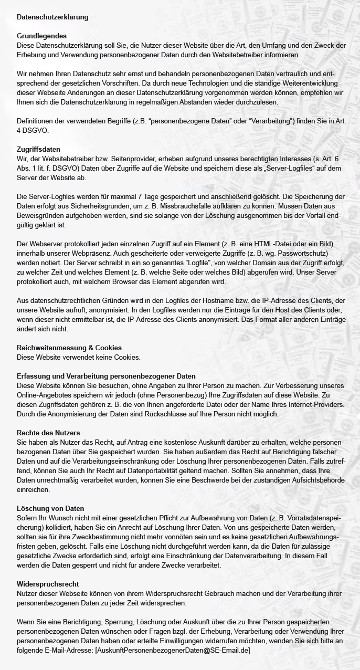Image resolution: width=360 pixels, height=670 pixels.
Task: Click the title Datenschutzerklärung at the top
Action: click(52, 17)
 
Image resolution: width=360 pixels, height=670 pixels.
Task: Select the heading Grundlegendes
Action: click(41, 36)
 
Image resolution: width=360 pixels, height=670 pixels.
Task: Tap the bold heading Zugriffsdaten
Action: click(38, 150)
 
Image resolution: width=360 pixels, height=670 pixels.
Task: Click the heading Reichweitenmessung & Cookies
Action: click(69, 348)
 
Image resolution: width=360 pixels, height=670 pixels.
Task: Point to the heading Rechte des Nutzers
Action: click(48, 433)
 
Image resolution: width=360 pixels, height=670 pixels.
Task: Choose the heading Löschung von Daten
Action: click(50, 508)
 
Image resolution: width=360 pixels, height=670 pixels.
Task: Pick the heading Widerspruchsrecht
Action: click(48, 584)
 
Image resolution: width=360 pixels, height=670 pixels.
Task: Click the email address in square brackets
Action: click(172, 651)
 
